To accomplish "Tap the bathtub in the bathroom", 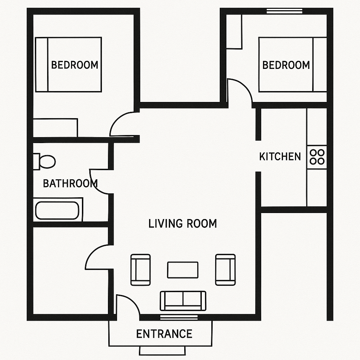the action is click(58, 210).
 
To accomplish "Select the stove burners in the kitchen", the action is click(317, 157).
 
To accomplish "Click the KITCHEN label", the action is click(280, 156).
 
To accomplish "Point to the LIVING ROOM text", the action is click(182, 224).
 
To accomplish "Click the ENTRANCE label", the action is click(164, 334).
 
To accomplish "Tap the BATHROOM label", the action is click(70, 184).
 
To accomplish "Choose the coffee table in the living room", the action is click(183, 270).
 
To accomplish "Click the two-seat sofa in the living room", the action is click(183, 301).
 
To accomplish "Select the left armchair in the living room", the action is click(141, 270).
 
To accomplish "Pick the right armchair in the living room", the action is click(225, 270).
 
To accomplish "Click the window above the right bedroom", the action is click(284, 11).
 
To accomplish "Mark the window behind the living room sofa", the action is click(179, 317).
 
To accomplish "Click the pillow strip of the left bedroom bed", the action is click(41, 65).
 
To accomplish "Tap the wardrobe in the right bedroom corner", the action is click(234, 32).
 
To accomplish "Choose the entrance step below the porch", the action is click(162, 351).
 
